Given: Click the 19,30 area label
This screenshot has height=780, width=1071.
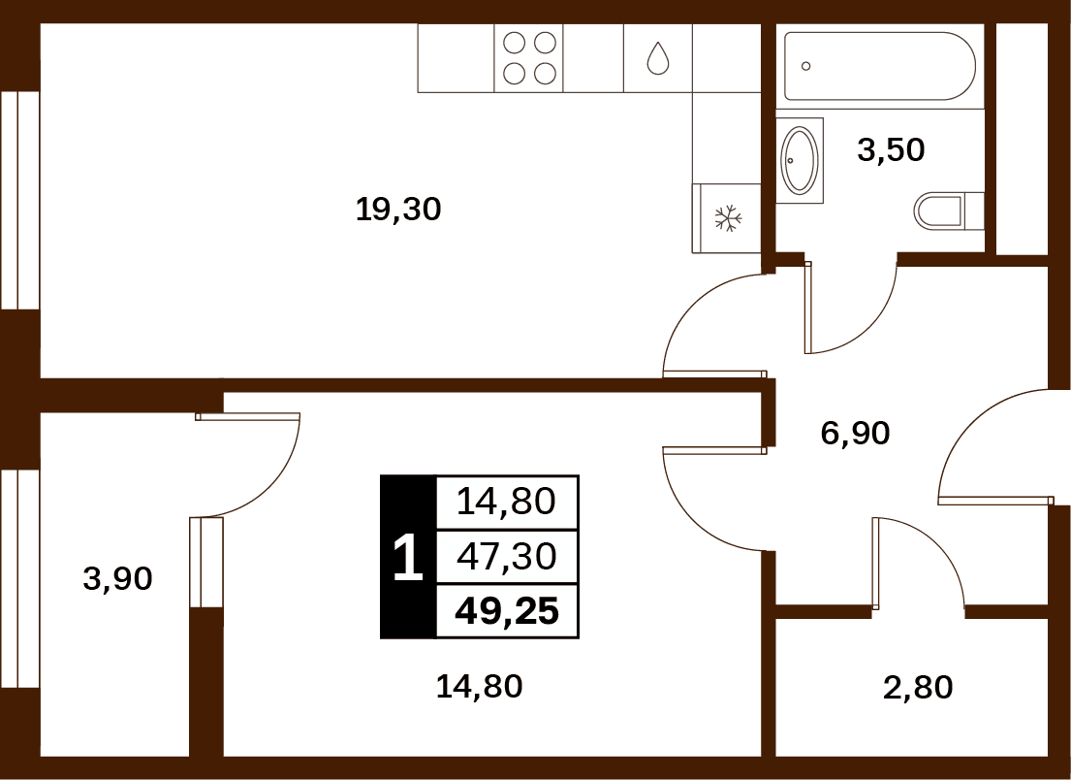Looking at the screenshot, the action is pos(398,210).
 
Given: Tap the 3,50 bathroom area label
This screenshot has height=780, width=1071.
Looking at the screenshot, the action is pos(891,149).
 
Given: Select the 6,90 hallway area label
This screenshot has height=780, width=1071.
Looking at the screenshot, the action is pos(855,434).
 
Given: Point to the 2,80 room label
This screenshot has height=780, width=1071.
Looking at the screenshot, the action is pos(918,687).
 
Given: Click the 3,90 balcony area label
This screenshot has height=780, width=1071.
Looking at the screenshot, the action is pos(117,579).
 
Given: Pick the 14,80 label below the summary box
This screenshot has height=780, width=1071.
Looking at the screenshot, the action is pos(479,686).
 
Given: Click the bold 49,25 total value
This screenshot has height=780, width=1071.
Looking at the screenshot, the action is pos(507,611).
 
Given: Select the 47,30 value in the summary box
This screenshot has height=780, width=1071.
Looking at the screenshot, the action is pos(506,557).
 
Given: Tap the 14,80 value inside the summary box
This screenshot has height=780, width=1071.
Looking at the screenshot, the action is pos(506,502).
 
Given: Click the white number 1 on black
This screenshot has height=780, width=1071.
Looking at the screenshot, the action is pos(408,558).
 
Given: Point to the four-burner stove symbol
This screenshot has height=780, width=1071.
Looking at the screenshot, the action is pos(528,58).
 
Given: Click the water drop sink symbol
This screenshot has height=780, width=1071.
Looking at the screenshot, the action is pos(658,58).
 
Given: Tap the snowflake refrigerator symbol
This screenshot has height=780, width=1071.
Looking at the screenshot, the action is pos(728,218).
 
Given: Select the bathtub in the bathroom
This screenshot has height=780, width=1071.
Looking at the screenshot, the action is pos(880,66).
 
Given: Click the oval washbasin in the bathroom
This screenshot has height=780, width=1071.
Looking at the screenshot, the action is pos(799,160).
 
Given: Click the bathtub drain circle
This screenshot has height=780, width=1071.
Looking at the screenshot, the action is pos(806,66).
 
